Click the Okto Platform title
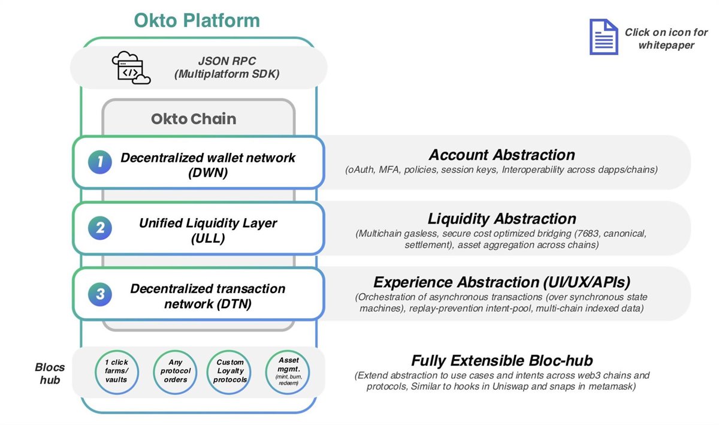pos(197,20)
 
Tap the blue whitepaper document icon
pos(603,37)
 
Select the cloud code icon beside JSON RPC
pos(131,67)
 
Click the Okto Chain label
pos(193,119)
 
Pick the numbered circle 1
pos(100,161)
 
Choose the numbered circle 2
pos(100,228)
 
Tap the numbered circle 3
pos(100,294)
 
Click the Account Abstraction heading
pos(502,155)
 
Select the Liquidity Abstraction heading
pos(502,219)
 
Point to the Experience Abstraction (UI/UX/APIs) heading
pos(502,282)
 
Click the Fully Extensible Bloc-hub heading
pos(502,360)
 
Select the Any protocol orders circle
pos(174,371)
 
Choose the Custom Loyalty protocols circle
pos(231,371)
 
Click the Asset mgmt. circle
pos(288,371)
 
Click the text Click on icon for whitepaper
pos(666,38)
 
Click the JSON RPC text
pos(222,61)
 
